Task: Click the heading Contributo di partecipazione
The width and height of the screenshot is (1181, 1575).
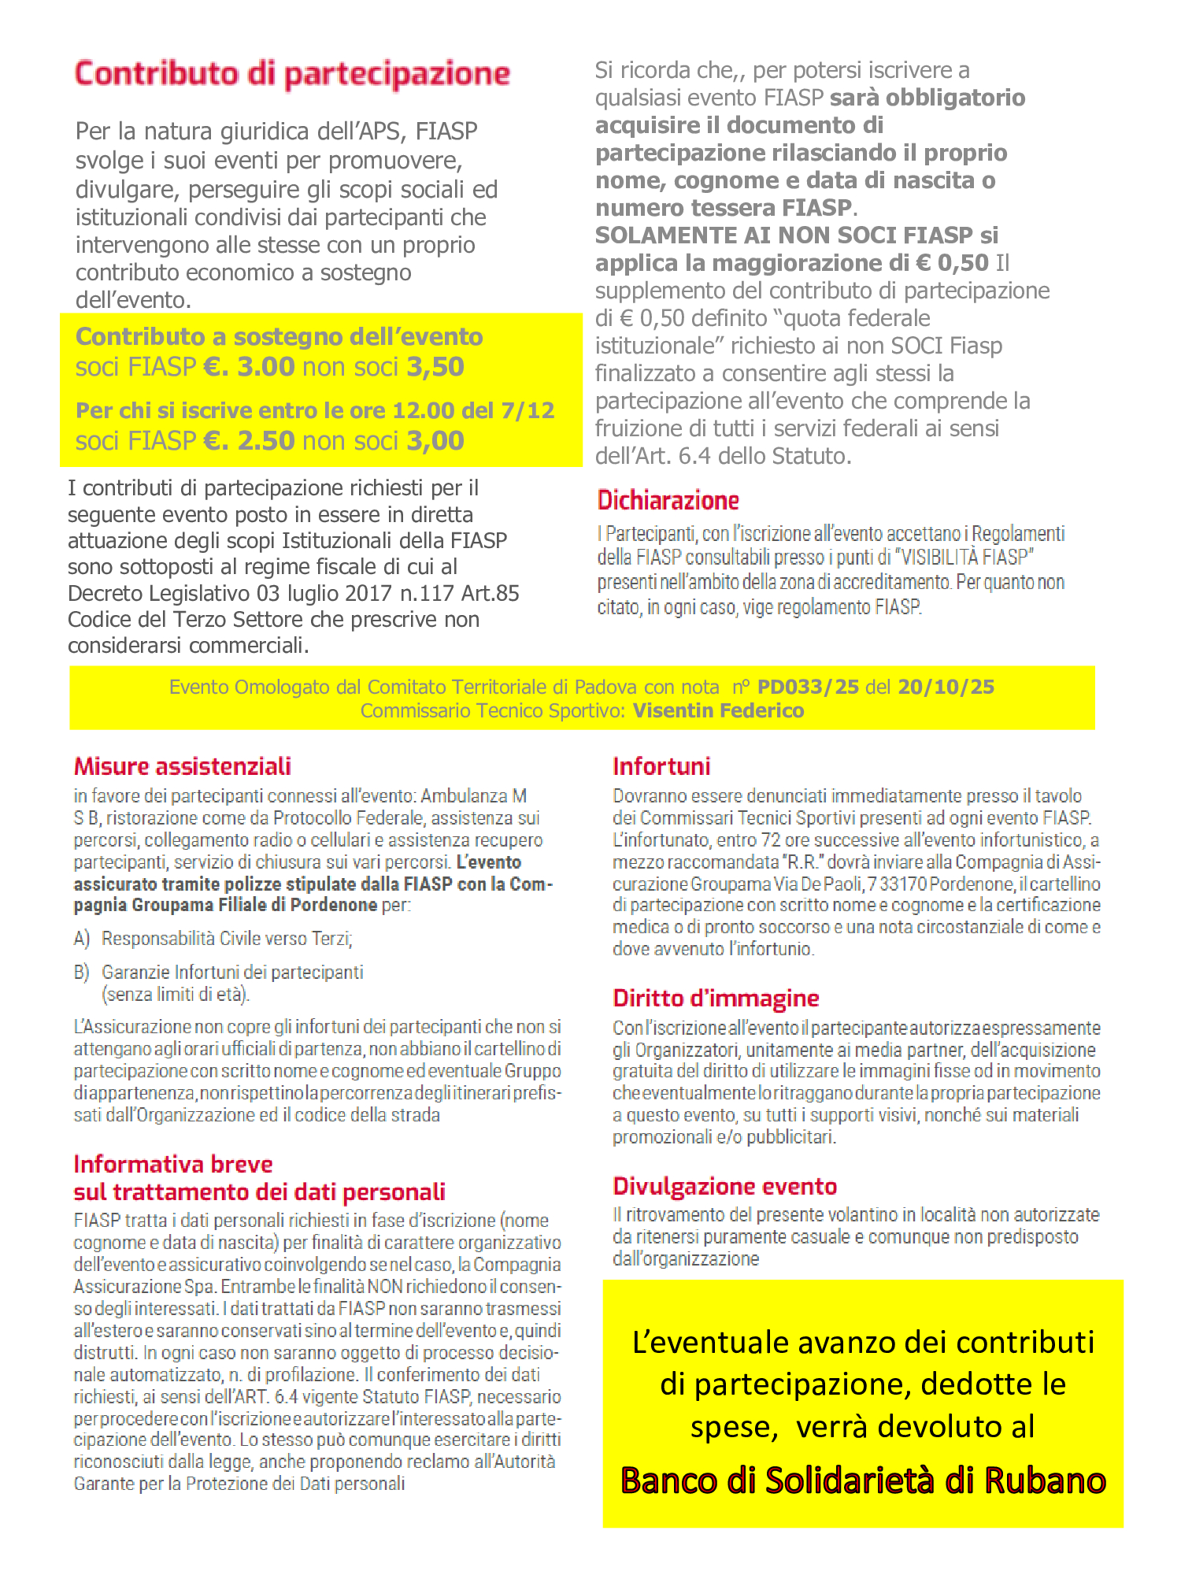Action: [x=292, y=73]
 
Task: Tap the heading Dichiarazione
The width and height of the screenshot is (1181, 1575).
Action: [x=668, y=500]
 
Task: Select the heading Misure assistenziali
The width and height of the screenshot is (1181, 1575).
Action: [x=182, y=766]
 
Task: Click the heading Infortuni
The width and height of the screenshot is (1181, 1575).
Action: [x=661, y=766]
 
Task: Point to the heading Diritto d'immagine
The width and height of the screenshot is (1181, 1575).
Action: [x=716, y=998]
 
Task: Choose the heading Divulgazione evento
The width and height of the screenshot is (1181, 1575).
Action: [x=724, y=1186]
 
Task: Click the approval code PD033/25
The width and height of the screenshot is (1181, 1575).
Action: [x=808, y=687]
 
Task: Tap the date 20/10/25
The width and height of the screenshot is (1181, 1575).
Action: [x=946, y=687]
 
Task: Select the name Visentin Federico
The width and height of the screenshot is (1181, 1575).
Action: [x=718, y=711]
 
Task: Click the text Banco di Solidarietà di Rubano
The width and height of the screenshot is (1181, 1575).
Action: [x=863, y=1480]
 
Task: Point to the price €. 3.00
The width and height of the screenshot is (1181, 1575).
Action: [x=249, y=367]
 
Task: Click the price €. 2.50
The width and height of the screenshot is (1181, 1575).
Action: [x=249, y=441]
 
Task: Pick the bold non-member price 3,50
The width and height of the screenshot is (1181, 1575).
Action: [x=435, y=367]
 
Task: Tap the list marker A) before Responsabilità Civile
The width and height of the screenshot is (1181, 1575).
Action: [x=82, y=939]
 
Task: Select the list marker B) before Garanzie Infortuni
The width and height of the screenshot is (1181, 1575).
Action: [x=82, y=973]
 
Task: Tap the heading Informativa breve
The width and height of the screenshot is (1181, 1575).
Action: [x=173, y=1164]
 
